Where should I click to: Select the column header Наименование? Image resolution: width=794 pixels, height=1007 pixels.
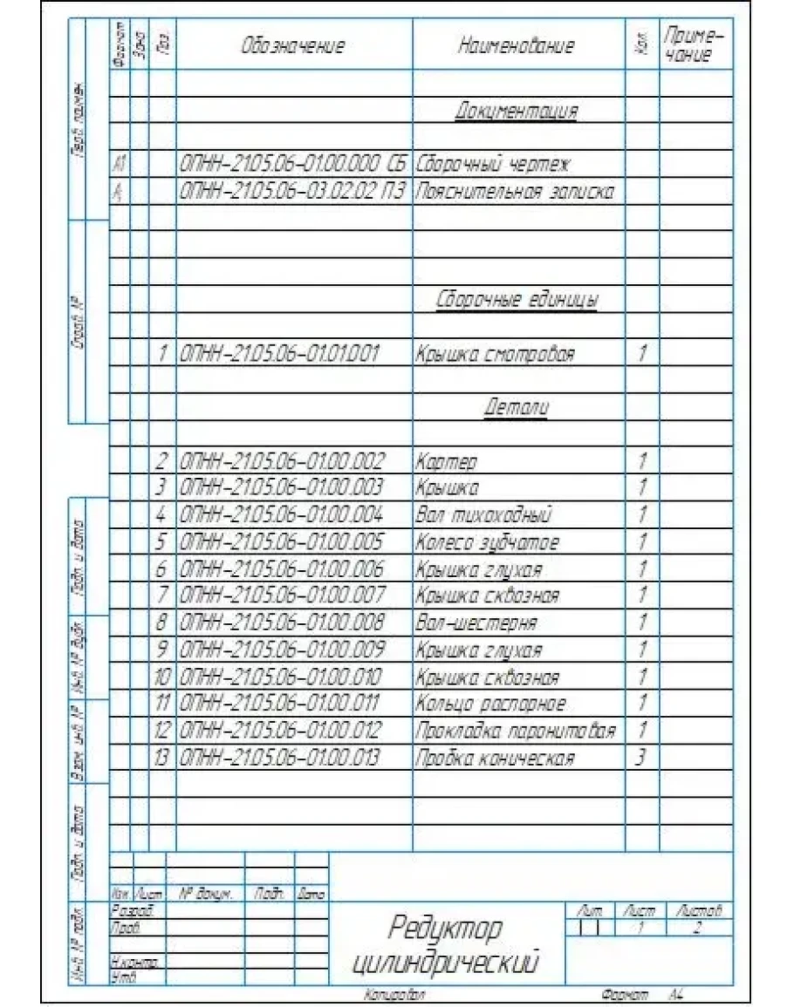(x=517, y=46)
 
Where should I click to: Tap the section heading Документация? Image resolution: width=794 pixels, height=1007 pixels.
(x=517, y=112)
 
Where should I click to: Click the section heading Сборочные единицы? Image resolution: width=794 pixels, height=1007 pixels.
(x=517, y=301)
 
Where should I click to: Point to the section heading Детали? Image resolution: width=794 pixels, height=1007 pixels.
(x=517, y=407)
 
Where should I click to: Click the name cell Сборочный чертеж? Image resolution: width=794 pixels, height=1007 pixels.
(x=492, y=164)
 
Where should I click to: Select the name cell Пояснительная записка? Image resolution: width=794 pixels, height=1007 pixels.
(x=515, y=193)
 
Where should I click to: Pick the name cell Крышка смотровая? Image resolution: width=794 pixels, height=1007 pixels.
(x=495, y=355)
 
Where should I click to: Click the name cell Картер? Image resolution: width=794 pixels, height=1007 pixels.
(x=446, y=461)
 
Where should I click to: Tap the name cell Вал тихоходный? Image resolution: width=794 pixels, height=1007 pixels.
(x=483, y=515)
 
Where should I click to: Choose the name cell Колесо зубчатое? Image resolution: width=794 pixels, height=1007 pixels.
(x=487, y=542)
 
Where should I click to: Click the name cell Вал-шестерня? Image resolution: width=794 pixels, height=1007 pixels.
(x=476, y=623)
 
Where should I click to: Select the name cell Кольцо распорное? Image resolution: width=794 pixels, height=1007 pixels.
(x=490, y=704)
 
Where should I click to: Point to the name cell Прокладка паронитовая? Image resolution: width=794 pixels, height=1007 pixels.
(x=516, y=731)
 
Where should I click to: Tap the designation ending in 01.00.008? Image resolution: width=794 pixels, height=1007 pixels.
(x=282, y=623)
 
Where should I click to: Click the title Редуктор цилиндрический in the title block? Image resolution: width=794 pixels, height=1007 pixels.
(x=445, y=945)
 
